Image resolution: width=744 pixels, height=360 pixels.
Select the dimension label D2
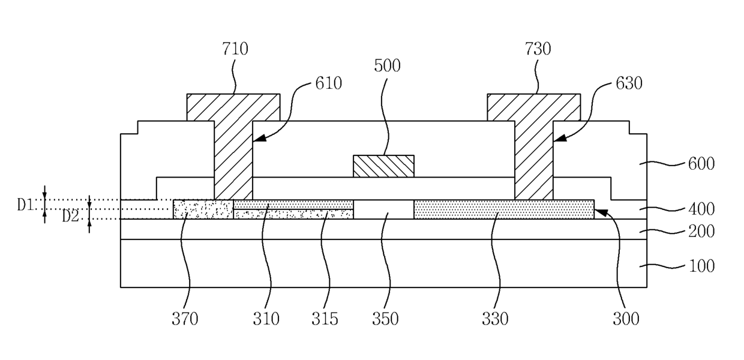[x=71, y=216]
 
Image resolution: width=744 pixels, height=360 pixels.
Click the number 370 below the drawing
[x=185, y=319]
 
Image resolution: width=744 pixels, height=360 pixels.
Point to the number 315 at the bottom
[x=325, y=319]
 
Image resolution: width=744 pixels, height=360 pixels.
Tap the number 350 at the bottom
[x=386, y=319]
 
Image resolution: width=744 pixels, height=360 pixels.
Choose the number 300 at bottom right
[x=626, y=319]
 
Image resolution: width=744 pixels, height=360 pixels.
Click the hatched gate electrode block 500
[x=383, y=166]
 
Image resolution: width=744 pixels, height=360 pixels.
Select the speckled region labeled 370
[x=203, y=209]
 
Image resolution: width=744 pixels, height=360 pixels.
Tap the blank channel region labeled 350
[x=383, y=209]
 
